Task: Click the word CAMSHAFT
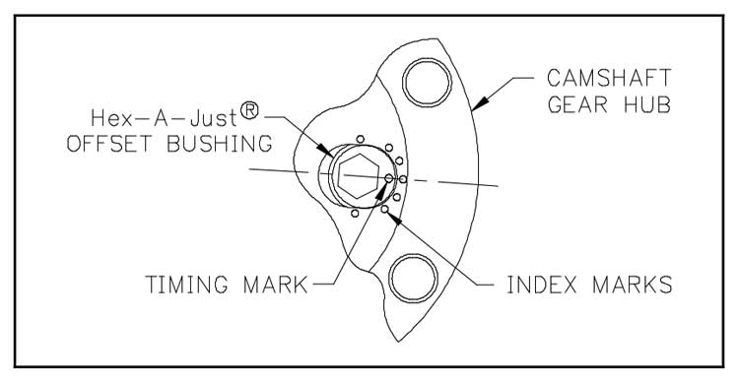coord(609,78)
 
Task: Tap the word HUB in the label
coord(647,104)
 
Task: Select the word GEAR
coord(577,104)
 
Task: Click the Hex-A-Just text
coord(164,118)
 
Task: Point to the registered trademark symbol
coord(250,111)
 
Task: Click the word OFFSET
coord(109,144)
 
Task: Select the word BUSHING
coord(220,144)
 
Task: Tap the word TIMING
coord(186,285)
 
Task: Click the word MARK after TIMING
coord(276,285)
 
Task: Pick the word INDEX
coord(542,285)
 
